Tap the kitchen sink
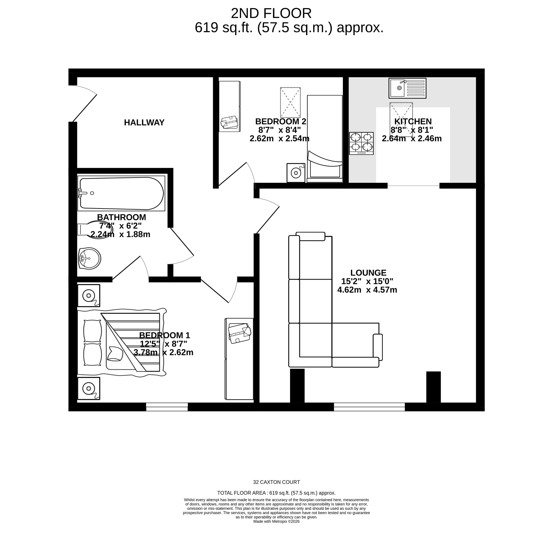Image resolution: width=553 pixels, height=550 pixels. pyautogui.click(x=407, y=88)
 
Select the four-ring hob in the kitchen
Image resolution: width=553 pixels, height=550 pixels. pyautogui.click(x=361, y=143)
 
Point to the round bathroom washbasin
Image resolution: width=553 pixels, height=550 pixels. pyautogui.click(x=89, y=259)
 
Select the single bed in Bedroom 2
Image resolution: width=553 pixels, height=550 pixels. pyautogui.click(x=325, y=137)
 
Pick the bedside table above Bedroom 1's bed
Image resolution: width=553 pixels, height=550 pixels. pyautogui.click(x=89, y=295)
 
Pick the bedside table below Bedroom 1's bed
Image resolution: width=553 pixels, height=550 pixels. pyautogui.click(x=89, y=388)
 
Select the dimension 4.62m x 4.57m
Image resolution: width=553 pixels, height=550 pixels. pyautogui.click(x=367, y=290)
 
